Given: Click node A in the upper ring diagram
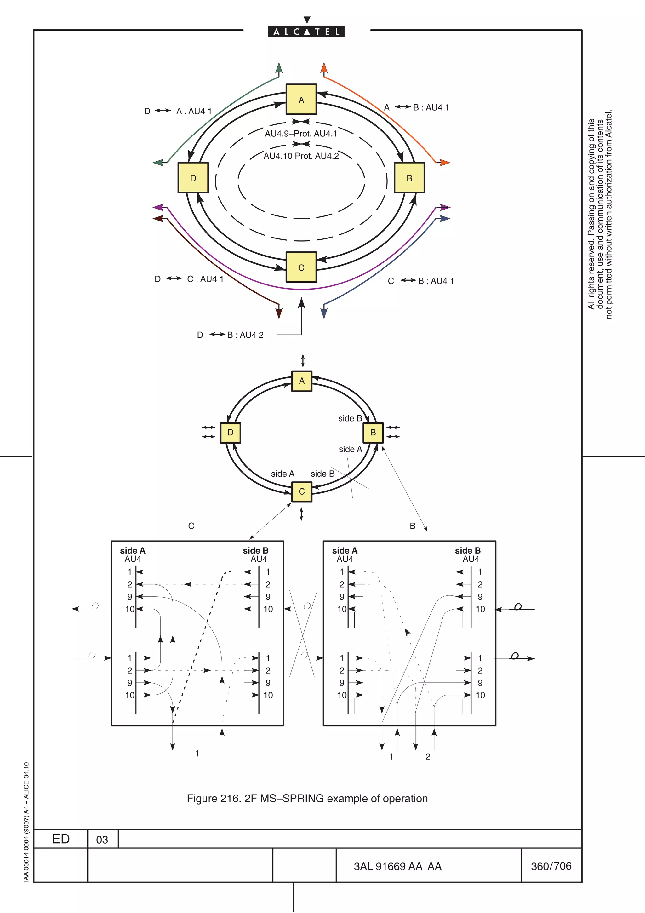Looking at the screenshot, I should (301, 100).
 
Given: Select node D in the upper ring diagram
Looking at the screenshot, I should (193, 178).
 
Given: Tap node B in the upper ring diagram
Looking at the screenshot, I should (409, 178).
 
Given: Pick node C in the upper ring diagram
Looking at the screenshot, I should (301, 267).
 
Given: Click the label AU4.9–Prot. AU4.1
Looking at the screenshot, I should (301, 134).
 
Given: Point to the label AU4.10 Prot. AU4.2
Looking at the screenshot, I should (301, 156).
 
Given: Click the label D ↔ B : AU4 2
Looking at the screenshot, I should (231, 335).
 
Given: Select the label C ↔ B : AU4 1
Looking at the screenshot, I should (420, 281).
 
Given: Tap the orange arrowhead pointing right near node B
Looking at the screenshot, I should (445, 162).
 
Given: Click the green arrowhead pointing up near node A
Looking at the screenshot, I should (279, 68).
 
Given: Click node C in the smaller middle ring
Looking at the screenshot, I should (302, 491).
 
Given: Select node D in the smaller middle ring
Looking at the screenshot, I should (231, 432).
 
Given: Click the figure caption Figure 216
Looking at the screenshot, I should (307, 798).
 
